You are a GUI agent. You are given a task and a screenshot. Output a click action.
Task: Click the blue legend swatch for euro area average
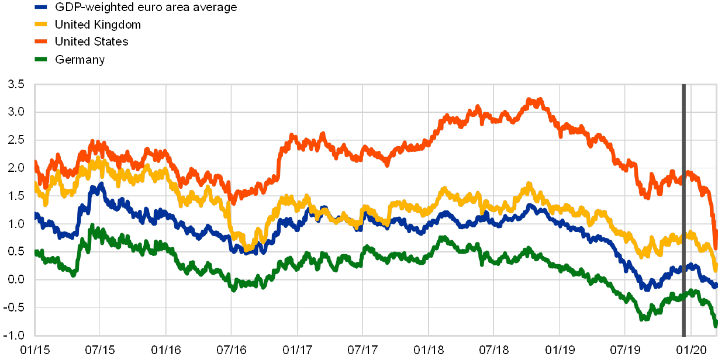pyautogui.click(x=41, y=7)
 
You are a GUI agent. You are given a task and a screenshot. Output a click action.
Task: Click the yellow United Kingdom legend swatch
pyautogui.click(x=41, y=25)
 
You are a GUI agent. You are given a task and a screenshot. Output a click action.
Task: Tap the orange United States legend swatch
pyautogui.click(x=41, y=41)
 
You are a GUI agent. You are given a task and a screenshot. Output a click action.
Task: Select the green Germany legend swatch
pyautogui.click(x=41, y=59)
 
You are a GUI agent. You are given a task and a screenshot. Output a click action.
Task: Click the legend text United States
pyautogui.click(x=91, y=41)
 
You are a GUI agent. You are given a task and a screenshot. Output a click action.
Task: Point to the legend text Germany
pyautogui.click(x=80, y=59)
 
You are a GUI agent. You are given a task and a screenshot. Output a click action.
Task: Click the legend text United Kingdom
pyautogui.click(x=98, y=25)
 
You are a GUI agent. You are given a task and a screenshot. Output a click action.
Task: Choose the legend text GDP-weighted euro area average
pyautogui.click(x=146, y=7)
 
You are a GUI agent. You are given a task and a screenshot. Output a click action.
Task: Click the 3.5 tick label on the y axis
pyautogui.click(x=16, y=84)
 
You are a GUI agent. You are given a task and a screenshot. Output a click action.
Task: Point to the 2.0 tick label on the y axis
pyautogui.click(x=16, y=168)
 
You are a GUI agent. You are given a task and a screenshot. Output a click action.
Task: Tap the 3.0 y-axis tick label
pyautogui.click(x=16, y=112)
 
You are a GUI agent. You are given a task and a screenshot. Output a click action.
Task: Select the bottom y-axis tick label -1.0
pyautogui.click(x=16, y=335)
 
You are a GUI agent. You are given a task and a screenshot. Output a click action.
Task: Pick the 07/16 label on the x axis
pyautogui.click(x=232, y=350)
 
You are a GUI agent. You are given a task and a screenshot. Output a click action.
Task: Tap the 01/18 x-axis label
pyautogui.click(x=429, y=350)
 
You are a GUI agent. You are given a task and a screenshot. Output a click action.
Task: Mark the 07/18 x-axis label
pyautogui.click(x=494, y=350)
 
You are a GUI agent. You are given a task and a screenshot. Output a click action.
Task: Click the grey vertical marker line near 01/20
pyautogui.click(x=683, y=210)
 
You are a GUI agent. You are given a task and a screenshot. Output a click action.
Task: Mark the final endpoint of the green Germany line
pyautogui.click(x=716, y=326)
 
